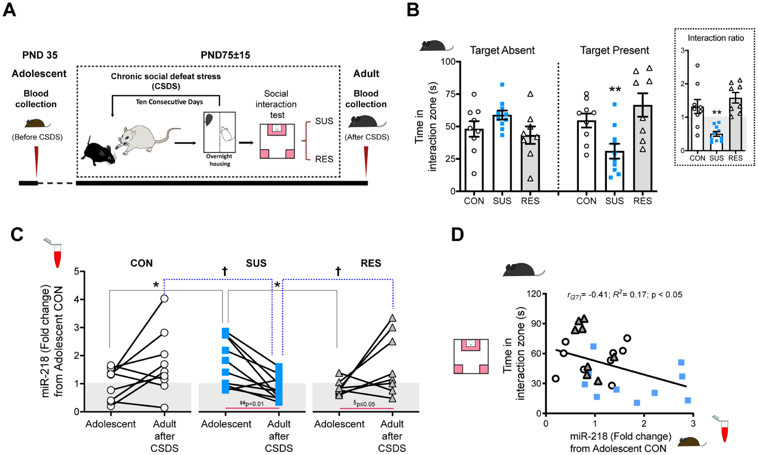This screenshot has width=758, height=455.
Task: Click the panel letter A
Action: [9, 9]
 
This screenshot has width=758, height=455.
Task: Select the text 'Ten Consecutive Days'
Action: [169, 102]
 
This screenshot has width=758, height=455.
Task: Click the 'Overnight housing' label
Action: [220, 160]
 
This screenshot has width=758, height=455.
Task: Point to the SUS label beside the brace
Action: [324, 121]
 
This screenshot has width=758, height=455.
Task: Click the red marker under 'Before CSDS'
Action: [37, 162]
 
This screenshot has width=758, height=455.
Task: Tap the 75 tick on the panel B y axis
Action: [449, 94]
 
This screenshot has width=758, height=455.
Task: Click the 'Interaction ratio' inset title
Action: [715, 38]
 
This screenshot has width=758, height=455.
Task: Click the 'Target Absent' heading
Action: [502, 50]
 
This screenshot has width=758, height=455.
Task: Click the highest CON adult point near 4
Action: [164, 299]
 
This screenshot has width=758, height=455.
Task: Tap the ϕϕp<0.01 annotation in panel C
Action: [251, 403]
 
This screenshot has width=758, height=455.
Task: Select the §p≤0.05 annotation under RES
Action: [364, 404]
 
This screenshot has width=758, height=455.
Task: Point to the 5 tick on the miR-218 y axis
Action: [77, 271]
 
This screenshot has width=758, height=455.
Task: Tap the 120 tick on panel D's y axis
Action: [534, 294]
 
